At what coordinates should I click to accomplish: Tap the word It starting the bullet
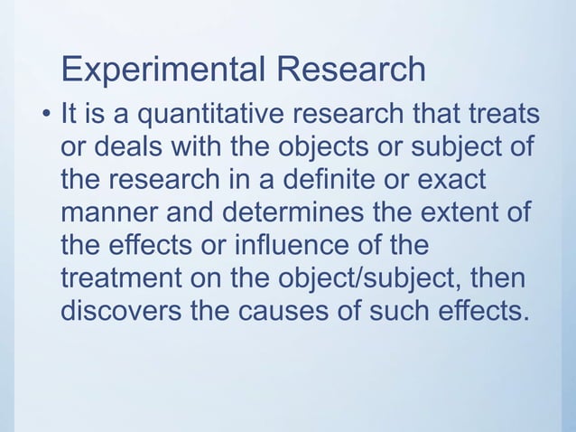pos(68,117)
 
